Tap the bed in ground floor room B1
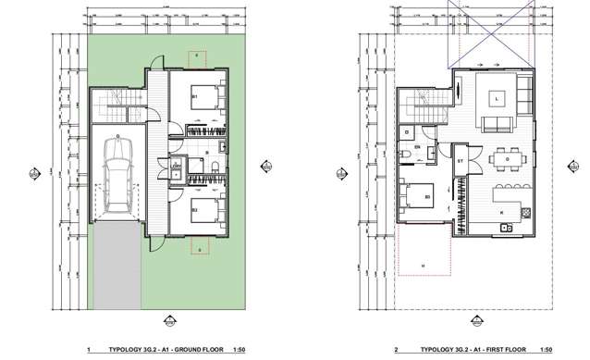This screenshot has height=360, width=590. [x=204, y=99]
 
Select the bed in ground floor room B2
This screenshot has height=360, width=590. [x=204, y=214]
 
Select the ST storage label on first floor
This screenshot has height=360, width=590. [x=461, y=162]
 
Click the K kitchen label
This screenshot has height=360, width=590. [x=502, y=214]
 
